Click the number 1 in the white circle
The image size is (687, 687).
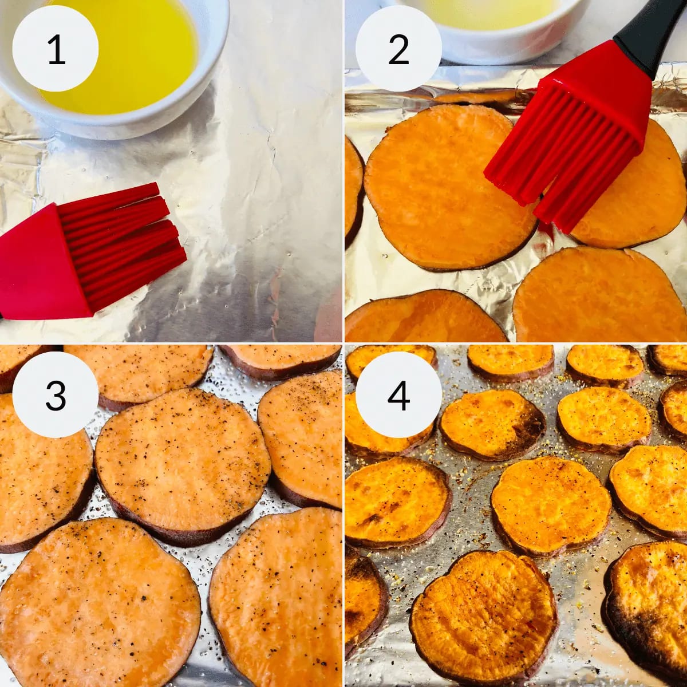click(x=56, y=50)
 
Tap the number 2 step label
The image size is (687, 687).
click(x=398, y=50)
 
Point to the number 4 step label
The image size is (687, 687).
click(x=398, y=396)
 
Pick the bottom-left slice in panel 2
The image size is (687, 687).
click(x=424, y=317)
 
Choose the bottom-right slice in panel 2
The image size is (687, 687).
click(x=599, y=296)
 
